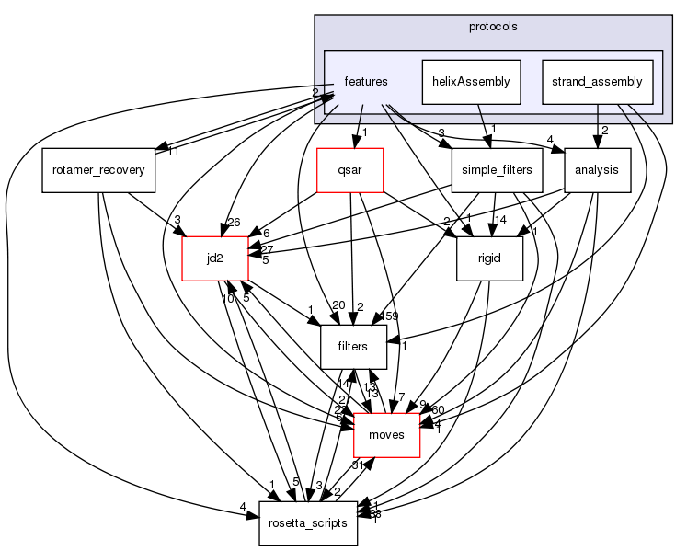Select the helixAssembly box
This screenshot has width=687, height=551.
coord(471,82)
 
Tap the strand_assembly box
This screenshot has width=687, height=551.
coord(597,82)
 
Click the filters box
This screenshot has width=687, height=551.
coord(352,347)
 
